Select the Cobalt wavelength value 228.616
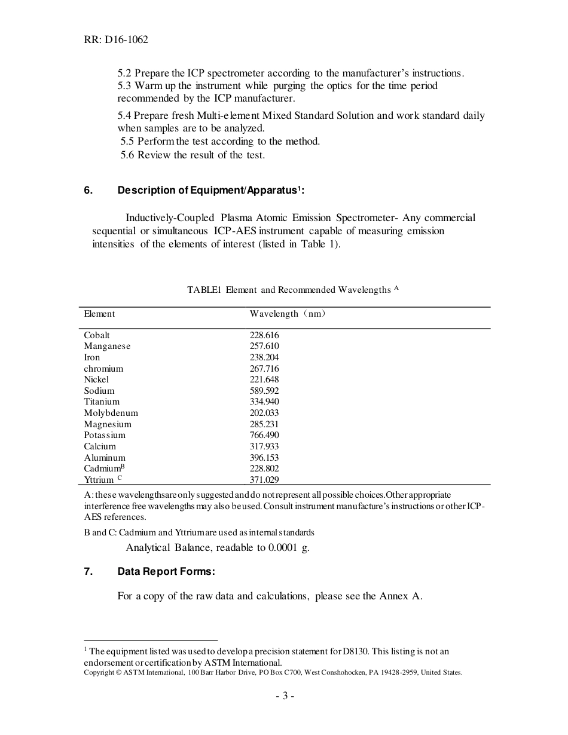[264, 335]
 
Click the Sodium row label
[99, 391]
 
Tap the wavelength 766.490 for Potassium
[264, 435]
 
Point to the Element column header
[99, 314]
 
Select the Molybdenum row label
[111, 413]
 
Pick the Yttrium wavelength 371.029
[264, 480]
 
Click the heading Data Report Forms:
[166, 572]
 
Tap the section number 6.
[87, 191]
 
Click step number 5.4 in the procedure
[124, 115]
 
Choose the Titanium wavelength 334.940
[264, 402]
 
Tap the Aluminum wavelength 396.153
[264, 458]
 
